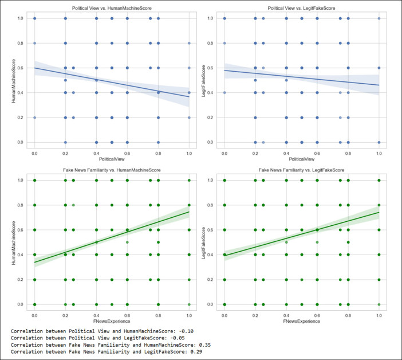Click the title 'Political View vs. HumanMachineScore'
pos(112,9)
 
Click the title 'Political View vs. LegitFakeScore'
pos(302,9)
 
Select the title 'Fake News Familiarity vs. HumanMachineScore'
pos(112,171)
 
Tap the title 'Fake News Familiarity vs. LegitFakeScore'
pos(302,171)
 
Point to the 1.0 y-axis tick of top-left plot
pos(21,18)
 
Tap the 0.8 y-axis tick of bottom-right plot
pos(211,205)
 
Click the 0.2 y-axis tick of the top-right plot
pos(211,118)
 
